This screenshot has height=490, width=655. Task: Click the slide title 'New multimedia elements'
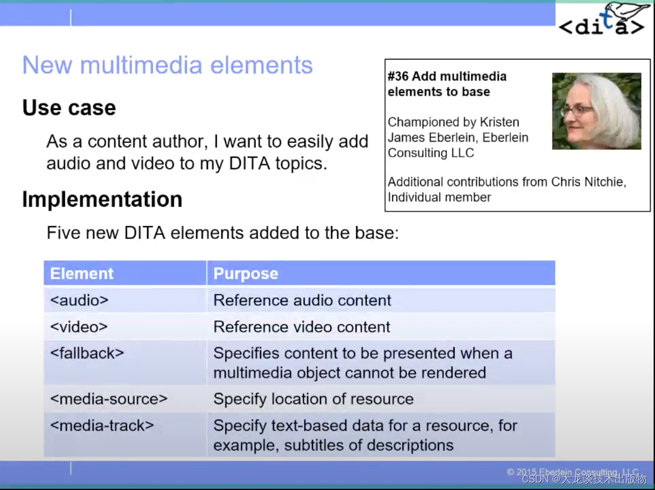[168, 65]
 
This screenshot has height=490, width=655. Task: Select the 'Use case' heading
[69, 108]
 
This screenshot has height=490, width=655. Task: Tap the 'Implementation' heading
[102, 199]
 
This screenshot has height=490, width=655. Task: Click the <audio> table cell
[79, 300]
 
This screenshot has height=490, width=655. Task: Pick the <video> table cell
[79, 327]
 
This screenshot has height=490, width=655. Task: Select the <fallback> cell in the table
[87, 353]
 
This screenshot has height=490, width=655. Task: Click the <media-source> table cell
[109, 399]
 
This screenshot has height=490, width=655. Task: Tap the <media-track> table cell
[102, 425]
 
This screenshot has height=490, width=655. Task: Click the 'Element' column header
[82, 274]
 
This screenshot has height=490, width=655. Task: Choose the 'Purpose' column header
[246, 274]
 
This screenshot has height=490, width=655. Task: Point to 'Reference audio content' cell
[302, 300]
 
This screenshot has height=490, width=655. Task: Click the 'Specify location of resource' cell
[313, 399]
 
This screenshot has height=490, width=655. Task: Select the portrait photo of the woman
[596, 111]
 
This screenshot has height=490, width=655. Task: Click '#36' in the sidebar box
[398, 76]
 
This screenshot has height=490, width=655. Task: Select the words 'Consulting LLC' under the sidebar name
[431, 153]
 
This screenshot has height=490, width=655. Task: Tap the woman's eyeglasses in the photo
[577, 110]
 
